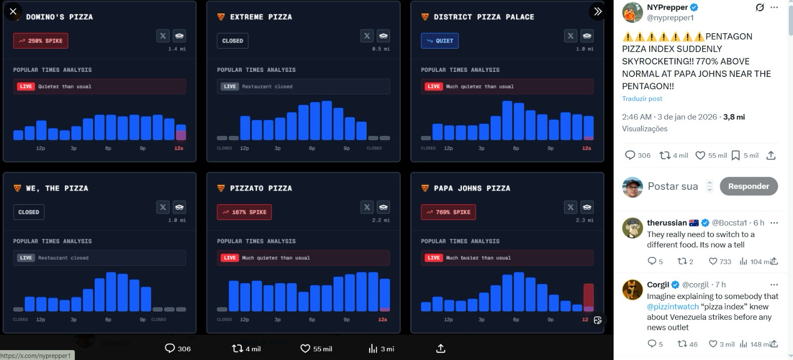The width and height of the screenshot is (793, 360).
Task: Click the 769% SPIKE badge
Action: tap(448, 212)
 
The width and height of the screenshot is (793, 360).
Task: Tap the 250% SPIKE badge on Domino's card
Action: tap(41, 41)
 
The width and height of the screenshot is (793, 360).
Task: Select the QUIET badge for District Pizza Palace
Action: tap(440, 41)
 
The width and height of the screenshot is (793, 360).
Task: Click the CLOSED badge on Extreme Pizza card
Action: tap(232, 41)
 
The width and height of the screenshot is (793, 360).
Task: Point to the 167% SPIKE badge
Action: tap(244, 212)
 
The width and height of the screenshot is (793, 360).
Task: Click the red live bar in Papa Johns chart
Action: tap(588, 296)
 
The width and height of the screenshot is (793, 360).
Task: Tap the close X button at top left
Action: tap(13, 11)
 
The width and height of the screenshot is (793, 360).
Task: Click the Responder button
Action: tap(748, 186)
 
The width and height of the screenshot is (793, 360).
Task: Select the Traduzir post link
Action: tap(642, 99)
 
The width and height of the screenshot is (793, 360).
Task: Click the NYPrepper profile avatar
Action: tap(632, 12)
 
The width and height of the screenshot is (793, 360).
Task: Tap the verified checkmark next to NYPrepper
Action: tap(694, 7)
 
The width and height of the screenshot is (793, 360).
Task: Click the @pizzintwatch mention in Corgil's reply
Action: tap(673, 307)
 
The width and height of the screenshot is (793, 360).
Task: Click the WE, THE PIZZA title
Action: tap(57, 188)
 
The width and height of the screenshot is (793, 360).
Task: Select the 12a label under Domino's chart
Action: tap(179, 148)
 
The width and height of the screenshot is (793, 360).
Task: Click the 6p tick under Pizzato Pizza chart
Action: tap(312, 320)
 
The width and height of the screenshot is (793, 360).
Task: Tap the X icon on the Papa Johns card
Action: tap(570, 207)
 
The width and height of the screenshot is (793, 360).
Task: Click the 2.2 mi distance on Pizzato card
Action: tap(381, 220)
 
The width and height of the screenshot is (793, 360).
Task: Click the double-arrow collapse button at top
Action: tap(598, 11)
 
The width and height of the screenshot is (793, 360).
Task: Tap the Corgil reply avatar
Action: tap(632, 290)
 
